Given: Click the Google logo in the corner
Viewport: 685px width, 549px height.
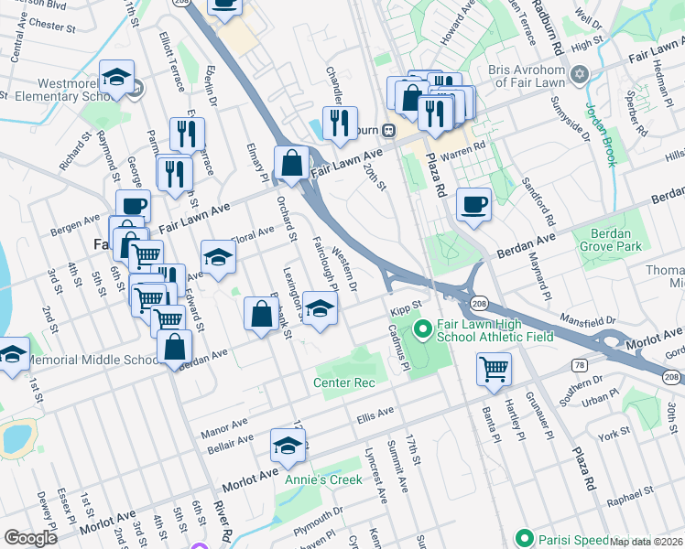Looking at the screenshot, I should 30,538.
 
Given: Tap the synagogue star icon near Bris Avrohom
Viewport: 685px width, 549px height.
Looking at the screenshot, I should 579,73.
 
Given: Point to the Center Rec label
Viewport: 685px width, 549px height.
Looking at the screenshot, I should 344,382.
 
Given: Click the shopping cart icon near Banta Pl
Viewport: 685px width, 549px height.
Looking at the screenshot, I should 494,370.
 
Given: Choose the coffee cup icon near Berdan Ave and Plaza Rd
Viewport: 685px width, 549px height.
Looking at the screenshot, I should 473,205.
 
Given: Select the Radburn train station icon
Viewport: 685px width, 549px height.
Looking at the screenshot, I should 389,129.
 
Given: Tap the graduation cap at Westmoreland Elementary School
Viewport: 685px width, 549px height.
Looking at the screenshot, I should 117,78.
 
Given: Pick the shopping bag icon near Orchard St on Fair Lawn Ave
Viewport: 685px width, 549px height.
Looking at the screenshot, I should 291,165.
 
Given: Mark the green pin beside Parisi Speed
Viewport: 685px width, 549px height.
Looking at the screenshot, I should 524,538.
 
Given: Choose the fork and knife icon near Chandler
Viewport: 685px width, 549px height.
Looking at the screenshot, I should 340,122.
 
